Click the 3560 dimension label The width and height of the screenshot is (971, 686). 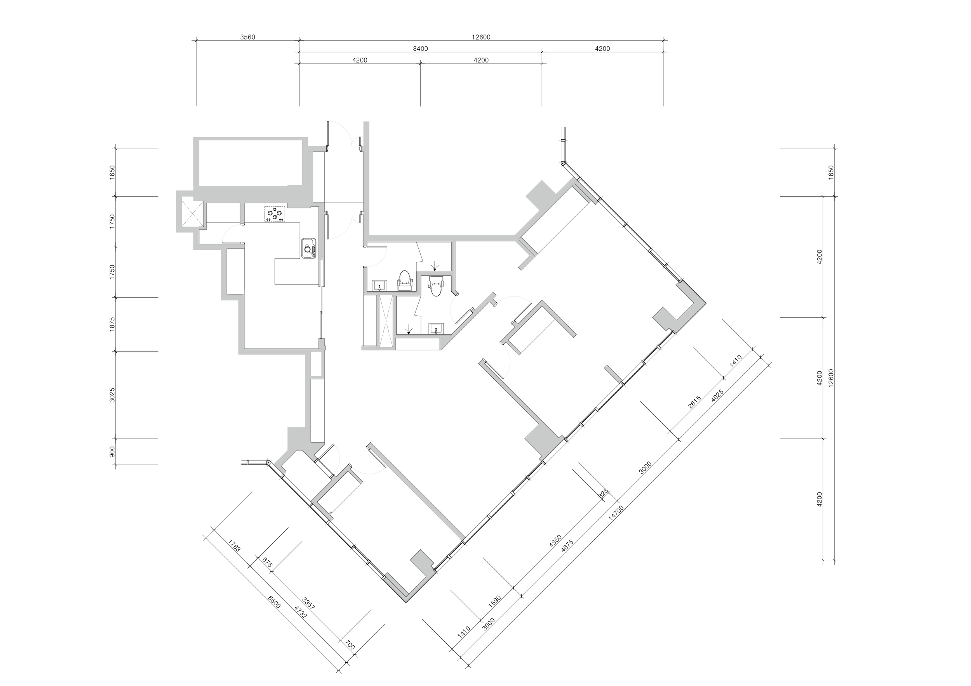click(x=247, y=37)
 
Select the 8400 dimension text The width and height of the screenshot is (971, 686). click(x=420, y=49)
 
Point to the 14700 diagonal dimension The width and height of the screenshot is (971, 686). click(x=616, y=514)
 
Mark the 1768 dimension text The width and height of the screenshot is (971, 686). click(x=234, y=545)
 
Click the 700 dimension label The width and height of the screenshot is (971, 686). click(x=350, y=645)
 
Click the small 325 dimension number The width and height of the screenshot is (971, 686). click(x=603, y=492)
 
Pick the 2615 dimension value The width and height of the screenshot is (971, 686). click(x=695, y=402)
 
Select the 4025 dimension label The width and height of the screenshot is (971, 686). click(x=717, y=396)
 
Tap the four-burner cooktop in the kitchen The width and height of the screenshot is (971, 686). click(x=275, y=214)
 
